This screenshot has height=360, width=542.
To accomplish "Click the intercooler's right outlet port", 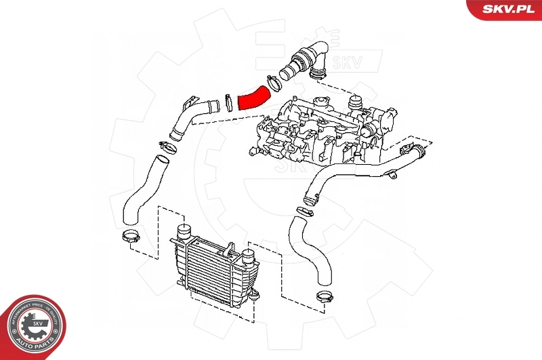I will [247, 257].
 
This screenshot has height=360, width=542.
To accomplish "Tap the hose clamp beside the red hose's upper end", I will [274, 83].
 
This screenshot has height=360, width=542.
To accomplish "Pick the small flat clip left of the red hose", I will [230, 102].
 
